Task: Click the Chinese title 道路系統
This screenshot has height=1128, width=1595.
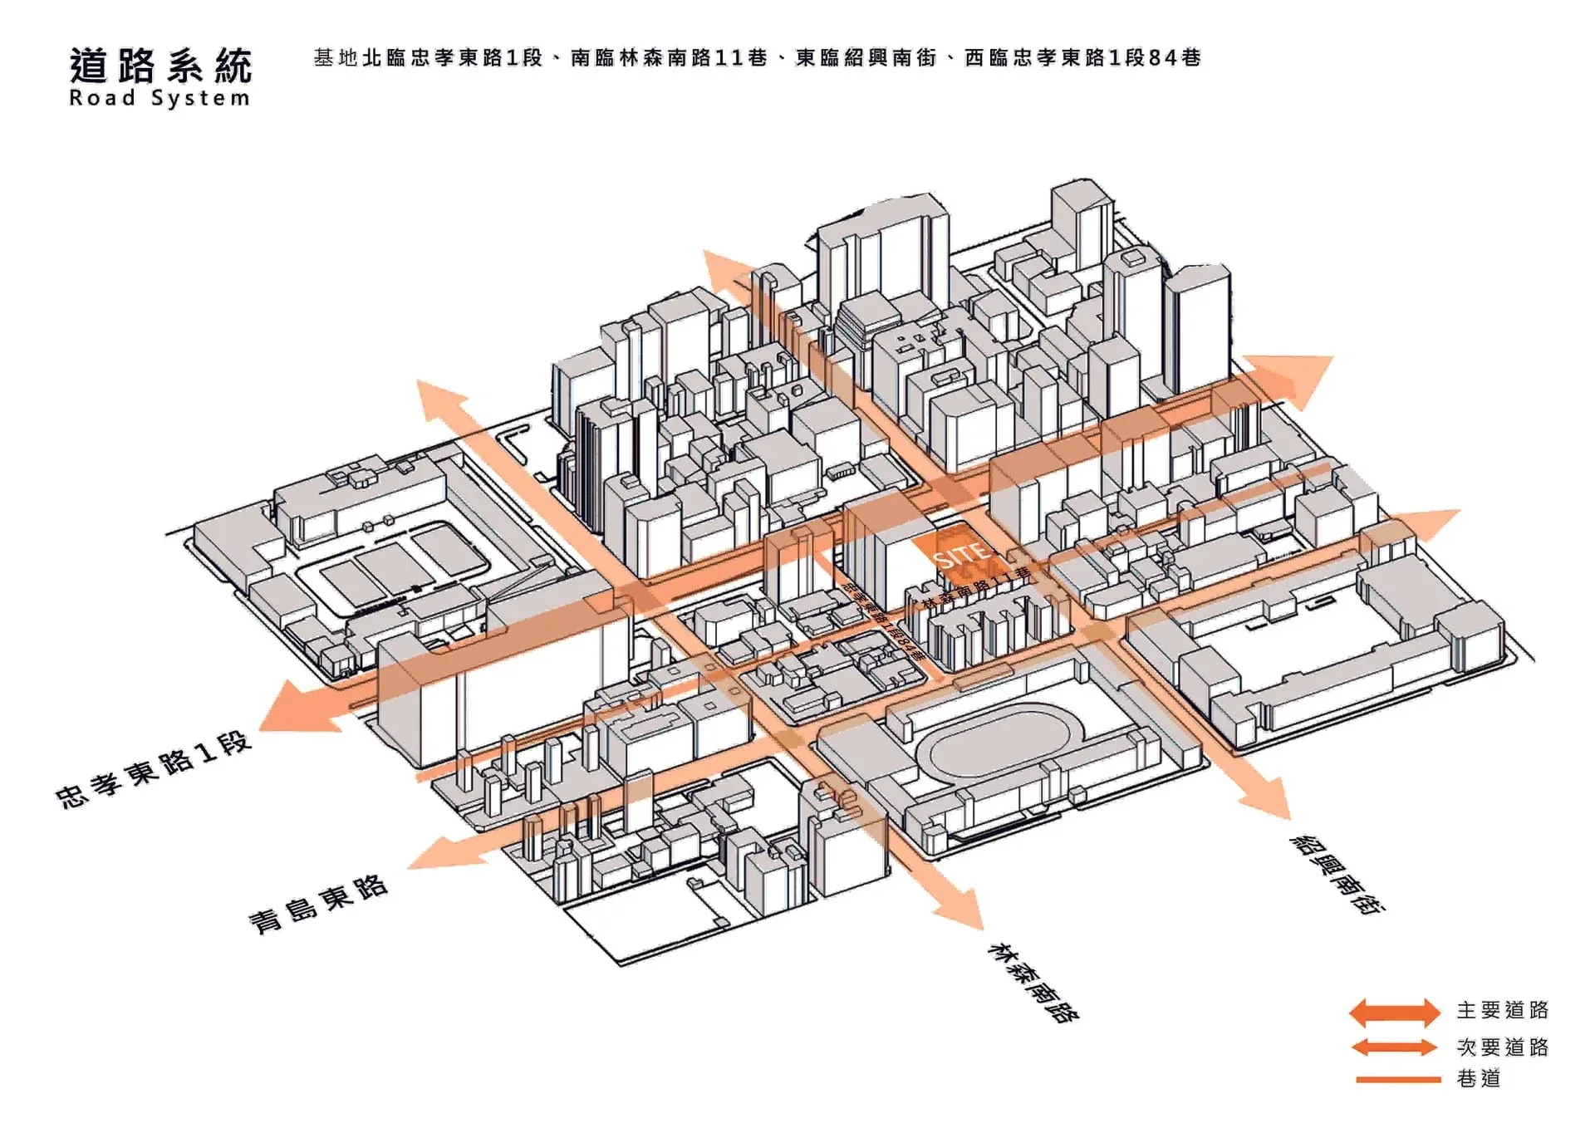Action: tap(160, 66)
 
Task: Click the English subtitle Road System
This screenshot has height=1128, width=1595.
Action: tap(159, 98)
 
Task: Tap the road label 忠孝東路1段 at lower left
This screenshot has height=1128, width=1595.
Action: tap(154, 770)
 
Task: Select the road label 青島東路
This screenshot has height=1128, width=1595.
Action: tap(318, 904)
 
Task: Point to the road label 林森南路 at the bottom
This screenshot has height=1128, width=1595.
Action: tap(1032, 982)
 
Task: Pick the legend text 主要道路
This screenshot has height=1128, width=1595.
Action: tap(1502, 1010)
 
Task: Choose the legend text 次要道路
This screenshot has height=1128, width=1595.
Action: tap(1502, 1047)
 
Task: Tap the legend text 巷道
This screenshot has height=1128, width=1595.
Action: tap(1479, 1079)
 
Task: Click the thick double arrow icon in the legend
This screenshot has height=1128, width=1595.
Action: tap(1394, 1012)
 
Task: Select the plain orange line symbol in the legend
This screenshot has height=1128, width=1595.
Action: tap(1397, 1080)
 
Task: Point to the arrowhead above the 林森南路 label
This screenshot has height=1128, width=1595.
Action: tap(964, 910)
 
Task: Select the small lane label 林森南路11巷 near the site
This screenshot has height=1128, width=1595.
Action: tap(977, 586)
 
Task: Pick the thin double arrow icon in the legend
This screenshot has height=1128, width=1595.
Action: tap(1394, 1047)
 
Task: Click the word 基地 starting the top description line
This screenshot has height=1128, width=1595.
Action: tap(336, 57)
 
